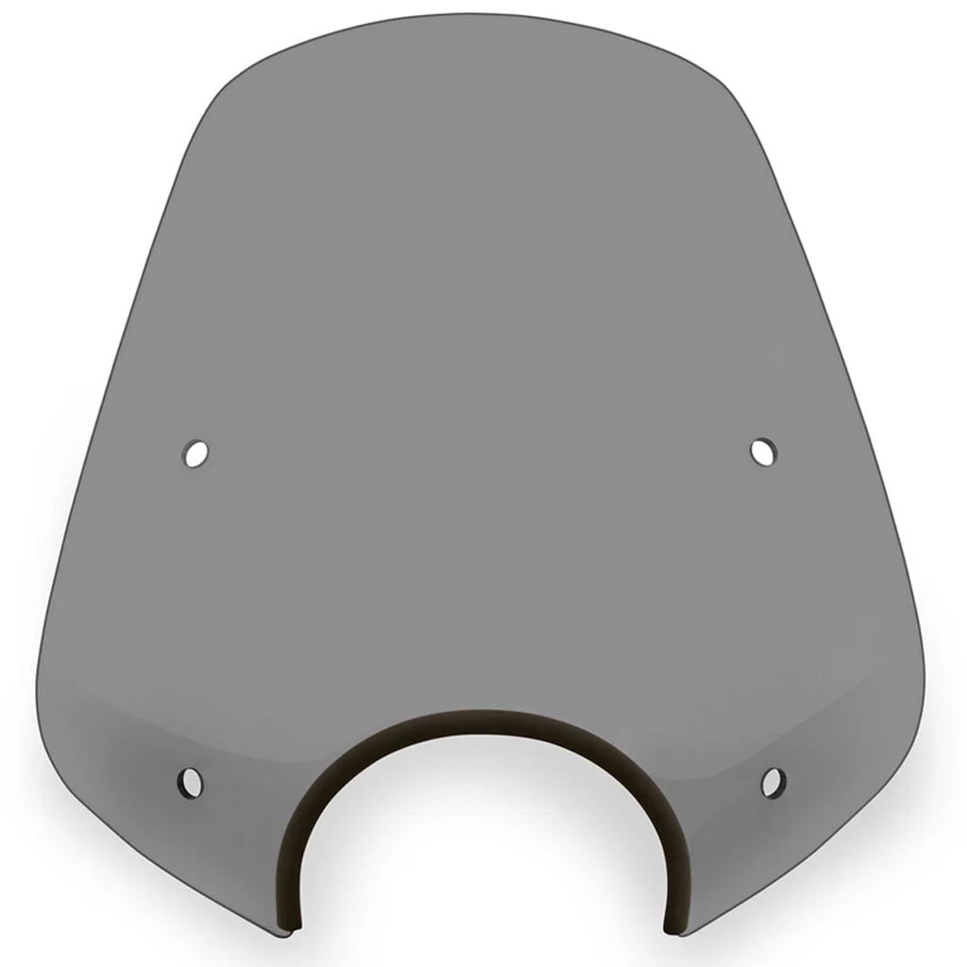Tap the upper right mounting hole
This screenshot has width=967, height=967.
pos(763,451)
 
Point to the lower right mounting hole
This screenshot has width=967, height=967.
pos(772,781)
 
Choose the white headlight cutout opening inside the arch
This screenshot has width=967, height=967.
pos(483,850)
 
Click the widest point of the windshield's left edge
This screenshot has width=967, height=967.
pos(40,661)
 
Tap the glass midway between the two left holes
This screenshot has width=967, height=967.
pos(193,616)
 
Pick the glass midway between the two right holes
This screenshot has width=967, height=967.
pos(768,616)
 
